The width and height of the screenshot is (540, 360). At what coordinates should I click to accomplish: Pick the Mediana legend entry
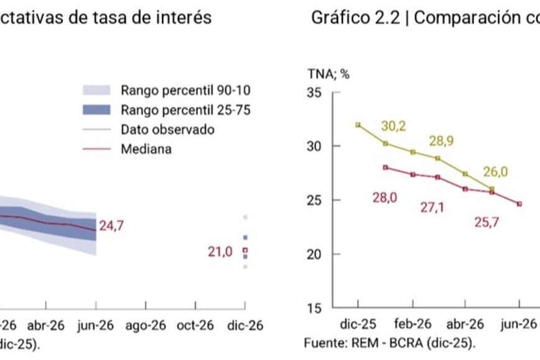point(146,149)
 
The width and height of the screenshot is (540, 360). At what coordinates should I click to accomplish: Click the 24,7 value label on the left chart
point(112,225)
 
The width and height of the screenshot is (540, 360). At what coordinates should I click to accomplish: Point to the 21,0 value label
point(220,251)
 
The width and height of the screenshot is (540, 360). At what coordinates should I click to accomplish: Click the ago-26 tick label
point(146,326)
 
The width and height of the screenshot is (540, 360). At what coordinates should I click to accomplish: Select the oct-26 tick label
point(196,326)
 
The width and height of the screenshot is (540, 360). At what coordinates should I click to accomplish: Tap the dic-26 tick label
point(246,326)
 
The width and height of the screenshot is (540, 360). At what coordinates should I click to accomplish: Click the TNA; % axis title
point(328,74)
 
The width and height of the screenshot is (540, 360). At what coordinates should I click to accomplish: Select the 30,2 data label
point(394,126)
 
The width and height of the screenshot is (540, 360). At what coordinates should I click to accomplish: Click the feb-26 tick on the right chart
point(413,325)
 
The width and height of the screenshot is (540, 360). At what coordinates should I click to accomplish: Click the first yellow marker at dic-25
point(358,125)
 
